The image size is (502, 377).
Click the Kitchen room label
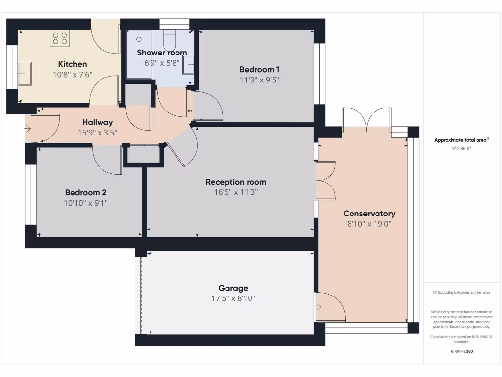pos(73,64)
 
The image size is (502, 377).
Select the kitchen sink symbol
pos(25,73)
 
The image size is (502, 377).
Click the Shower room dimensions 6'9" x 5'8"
pos(162,63)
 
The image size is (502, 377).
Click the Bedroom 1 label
pos(259,69)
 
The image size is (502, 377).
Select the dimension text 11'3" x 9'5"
pos(259,80)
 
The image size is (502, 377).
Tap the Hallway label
pos(98,122)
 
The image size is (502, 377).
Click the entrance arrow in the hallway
pos(27,129)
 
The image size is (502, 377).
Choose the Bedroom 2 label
pos(86,192)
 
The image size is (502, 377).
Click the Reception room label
pos(236,182)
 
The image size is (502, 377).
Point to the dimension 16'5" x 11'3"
pos(236,192)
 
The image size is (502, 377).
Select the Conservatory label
pos(369,214)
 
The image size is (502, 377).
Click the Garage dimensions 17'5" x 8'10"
pos(233,298)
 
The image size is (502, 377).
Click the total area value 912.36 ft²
pos(461,148)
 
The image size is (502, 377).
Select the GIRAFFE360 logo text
pos(461,351)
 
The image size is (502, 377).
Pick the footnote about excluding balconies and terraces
pos(461,292)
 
